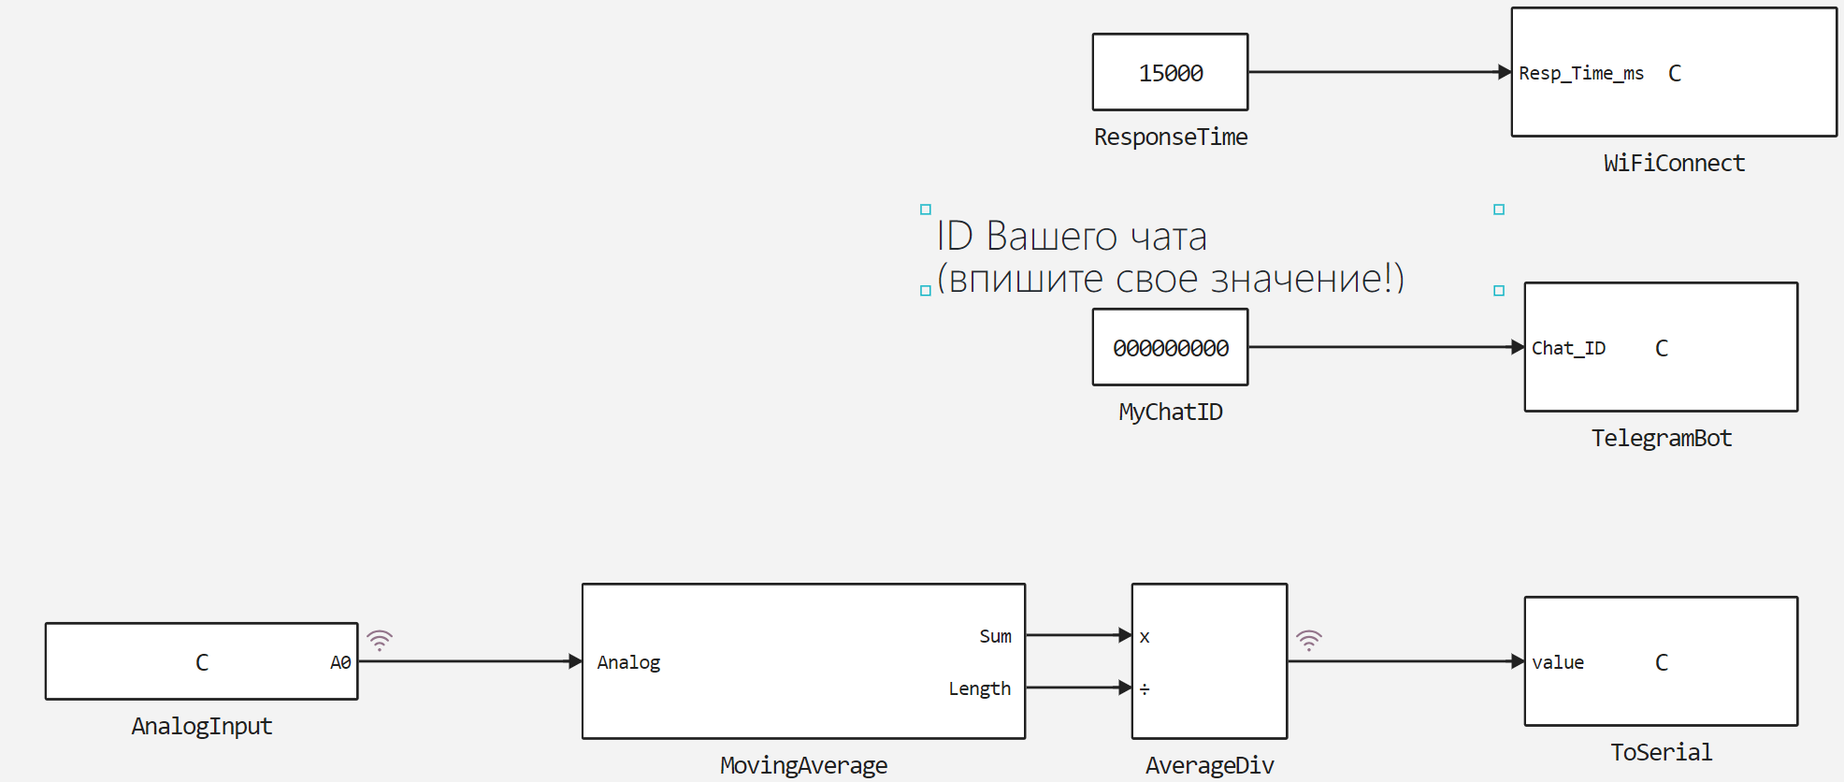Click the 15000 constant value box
1170,72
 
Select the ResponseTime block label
1170,138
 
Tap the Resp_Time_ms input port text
1580,73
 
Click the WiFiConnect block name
1673,164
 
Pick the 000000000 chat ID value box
1170,347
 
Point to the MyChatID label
1170,413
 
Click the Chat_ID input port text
1568,348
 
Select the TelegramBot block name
1661,439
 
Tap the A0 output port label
340,662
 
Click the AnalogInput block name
201,727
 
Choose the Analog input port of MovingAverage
628,662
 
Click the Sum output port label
995,636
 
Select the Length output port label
979,688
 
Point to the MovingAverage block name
803,766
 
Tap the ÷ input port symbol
1145,689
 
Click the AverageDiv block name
1209,766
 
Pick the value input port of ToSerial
1557,662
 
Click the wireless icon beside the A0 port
380,640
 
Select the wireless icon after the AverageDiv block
1309,640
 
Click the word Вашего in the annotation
1050,237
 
